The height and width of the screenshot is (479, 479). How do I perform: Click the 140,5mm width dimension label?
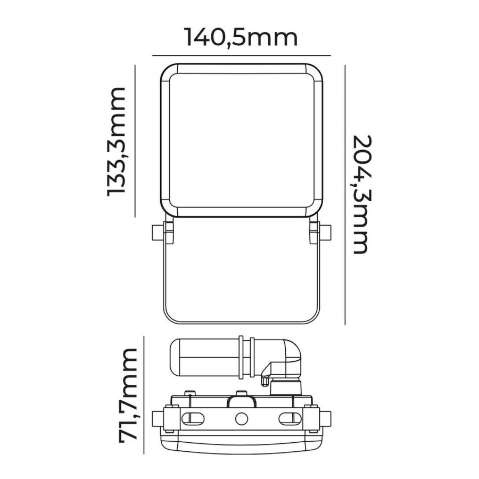[241, 38]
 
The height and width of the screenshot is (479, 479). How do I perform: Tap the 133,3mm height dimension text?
[117, 142]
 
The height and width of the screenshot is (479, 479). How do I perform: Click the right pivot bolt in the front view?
[325, 232]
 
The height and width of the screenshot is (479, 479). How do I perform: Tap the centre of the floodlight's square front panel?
[241, 141]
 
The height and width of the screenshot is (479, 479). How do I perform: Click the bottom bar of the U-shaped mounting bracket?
[241, 321]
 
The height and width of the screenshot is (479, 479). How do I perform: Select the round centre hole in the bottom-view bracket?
[241, 418]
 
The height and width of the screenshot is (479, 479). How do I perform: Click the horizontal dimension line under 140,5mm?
[241, 55]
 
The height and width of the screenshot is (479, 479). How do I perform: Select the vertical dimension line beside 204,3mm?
[345, 194]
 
